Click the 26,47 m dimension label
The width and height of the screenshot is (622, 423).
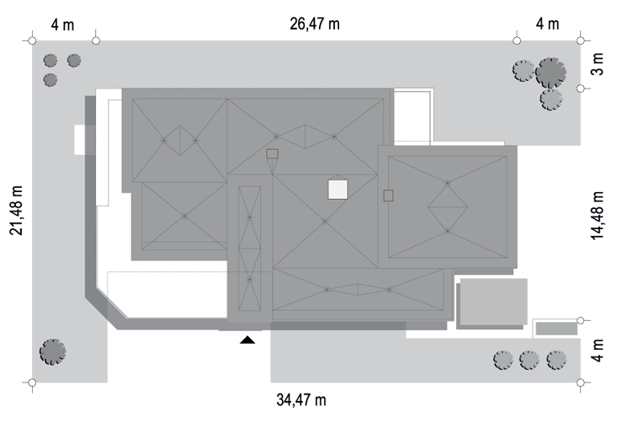315,24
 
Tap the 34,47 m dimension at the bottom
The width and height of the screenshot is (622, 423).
301,399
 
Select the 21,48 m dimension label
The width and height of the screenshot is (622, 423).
17,210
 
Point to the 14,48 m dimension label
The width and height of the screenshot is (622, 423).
598,216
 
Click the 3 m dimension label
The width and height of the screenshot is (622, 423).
598,64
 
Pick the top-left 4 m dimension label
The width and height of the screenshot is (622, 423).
62,25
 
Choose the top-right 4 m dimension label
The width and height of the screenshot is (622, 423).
547,24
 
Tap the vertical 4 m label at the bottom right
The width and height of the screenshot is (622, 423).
598,351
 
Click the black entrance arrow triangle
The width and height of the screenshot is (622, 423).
247,340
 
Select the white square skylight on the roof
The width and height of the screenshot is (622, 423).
338,190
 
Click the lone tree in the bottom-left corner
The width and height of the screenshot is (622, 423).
52,351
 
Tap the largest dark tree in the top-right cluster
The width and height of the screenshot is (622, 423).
550,72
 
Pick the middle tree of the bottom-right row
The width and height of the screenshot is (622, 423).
529,361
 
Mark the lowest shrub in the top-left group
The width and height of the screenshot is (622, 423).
51,79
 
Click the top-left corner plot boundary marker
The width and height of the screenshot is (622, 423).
33,40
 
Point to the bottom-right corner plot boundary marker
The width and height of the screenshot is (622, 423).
581,383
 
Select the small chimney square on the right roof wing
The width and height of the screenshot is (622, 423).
388,195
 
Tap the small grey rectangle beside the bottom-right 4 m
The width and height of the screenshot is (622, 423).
556,329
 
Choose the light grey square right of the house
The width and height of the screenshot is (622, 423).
493,302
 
